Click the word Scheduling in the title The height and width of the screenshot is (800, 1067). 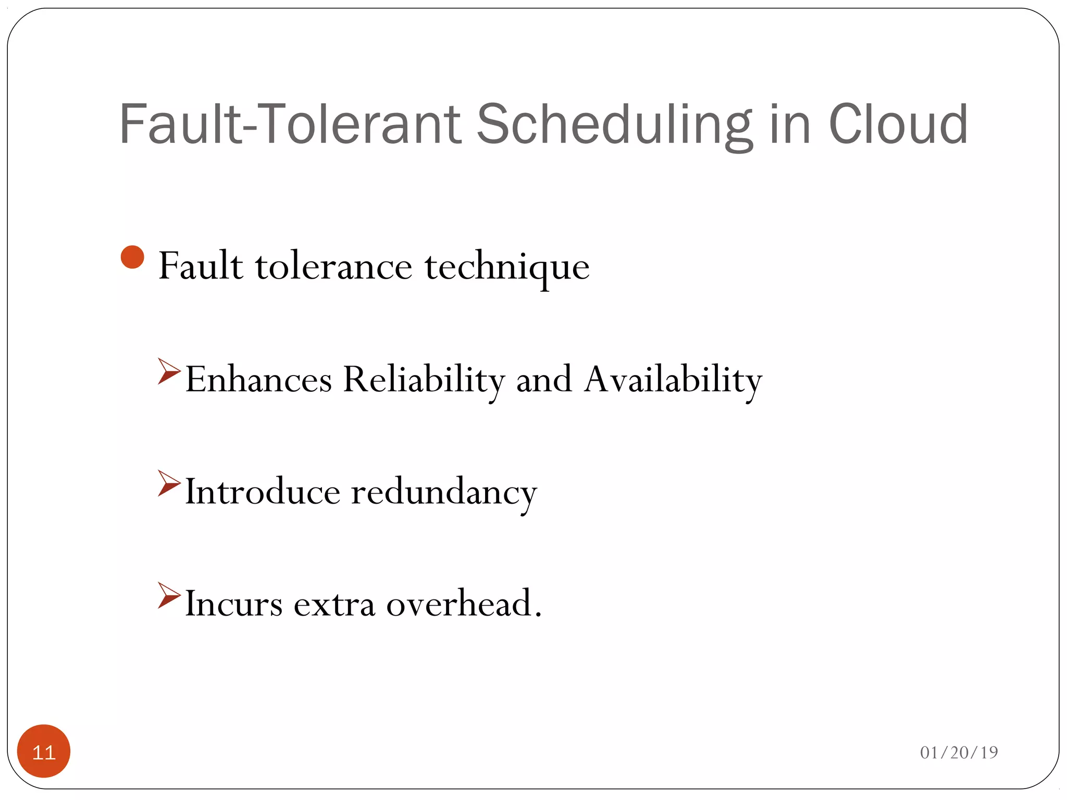coord(615,125)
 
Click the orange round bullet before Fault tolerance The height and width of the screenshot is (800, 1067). coord(132,257)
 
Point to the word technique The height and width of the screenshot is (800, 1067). coord(507,267)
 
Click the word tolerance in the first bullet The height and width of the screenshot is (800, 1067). coord(333,266)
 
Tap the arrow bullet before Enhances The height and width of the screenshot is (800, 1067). coord(168,371)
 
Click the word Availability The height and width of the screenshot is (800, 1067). coord(673,379)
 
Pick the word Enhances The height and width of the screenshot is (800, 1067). coord(258,379)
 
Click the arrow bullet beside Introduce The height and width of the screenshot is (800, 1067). coord(168,483)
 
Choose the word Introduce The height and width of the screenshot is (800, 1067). coord(263,492)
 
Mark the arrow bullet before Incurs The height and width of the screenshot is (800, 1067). coord(168,595)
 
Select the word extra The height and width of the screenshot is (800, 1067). coord(334,604)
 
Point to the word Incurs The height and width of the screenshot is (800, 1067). coord(234,604)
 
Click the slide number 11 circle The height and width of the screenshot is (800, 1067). coord(44,751)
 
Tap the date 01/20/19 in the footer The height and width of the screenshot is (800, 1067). coord(959,752)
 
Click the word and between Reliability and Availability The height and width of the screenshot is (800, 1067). coord(544,379)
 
